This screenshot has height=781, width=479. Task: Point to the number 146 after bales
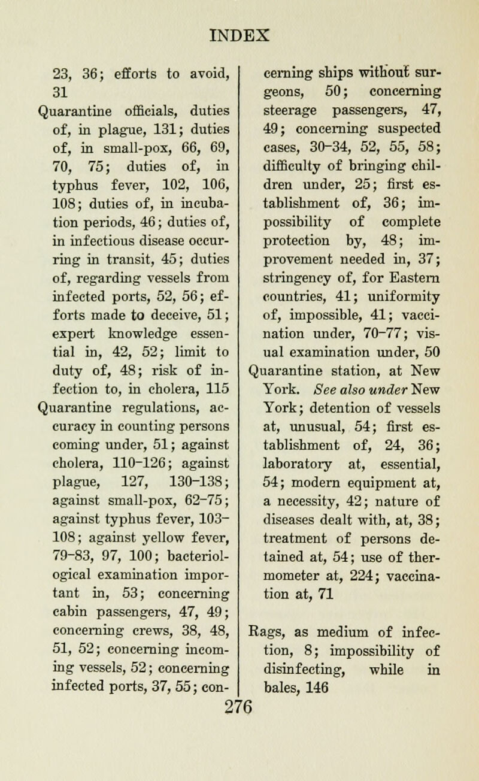(x=320, y=741)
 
